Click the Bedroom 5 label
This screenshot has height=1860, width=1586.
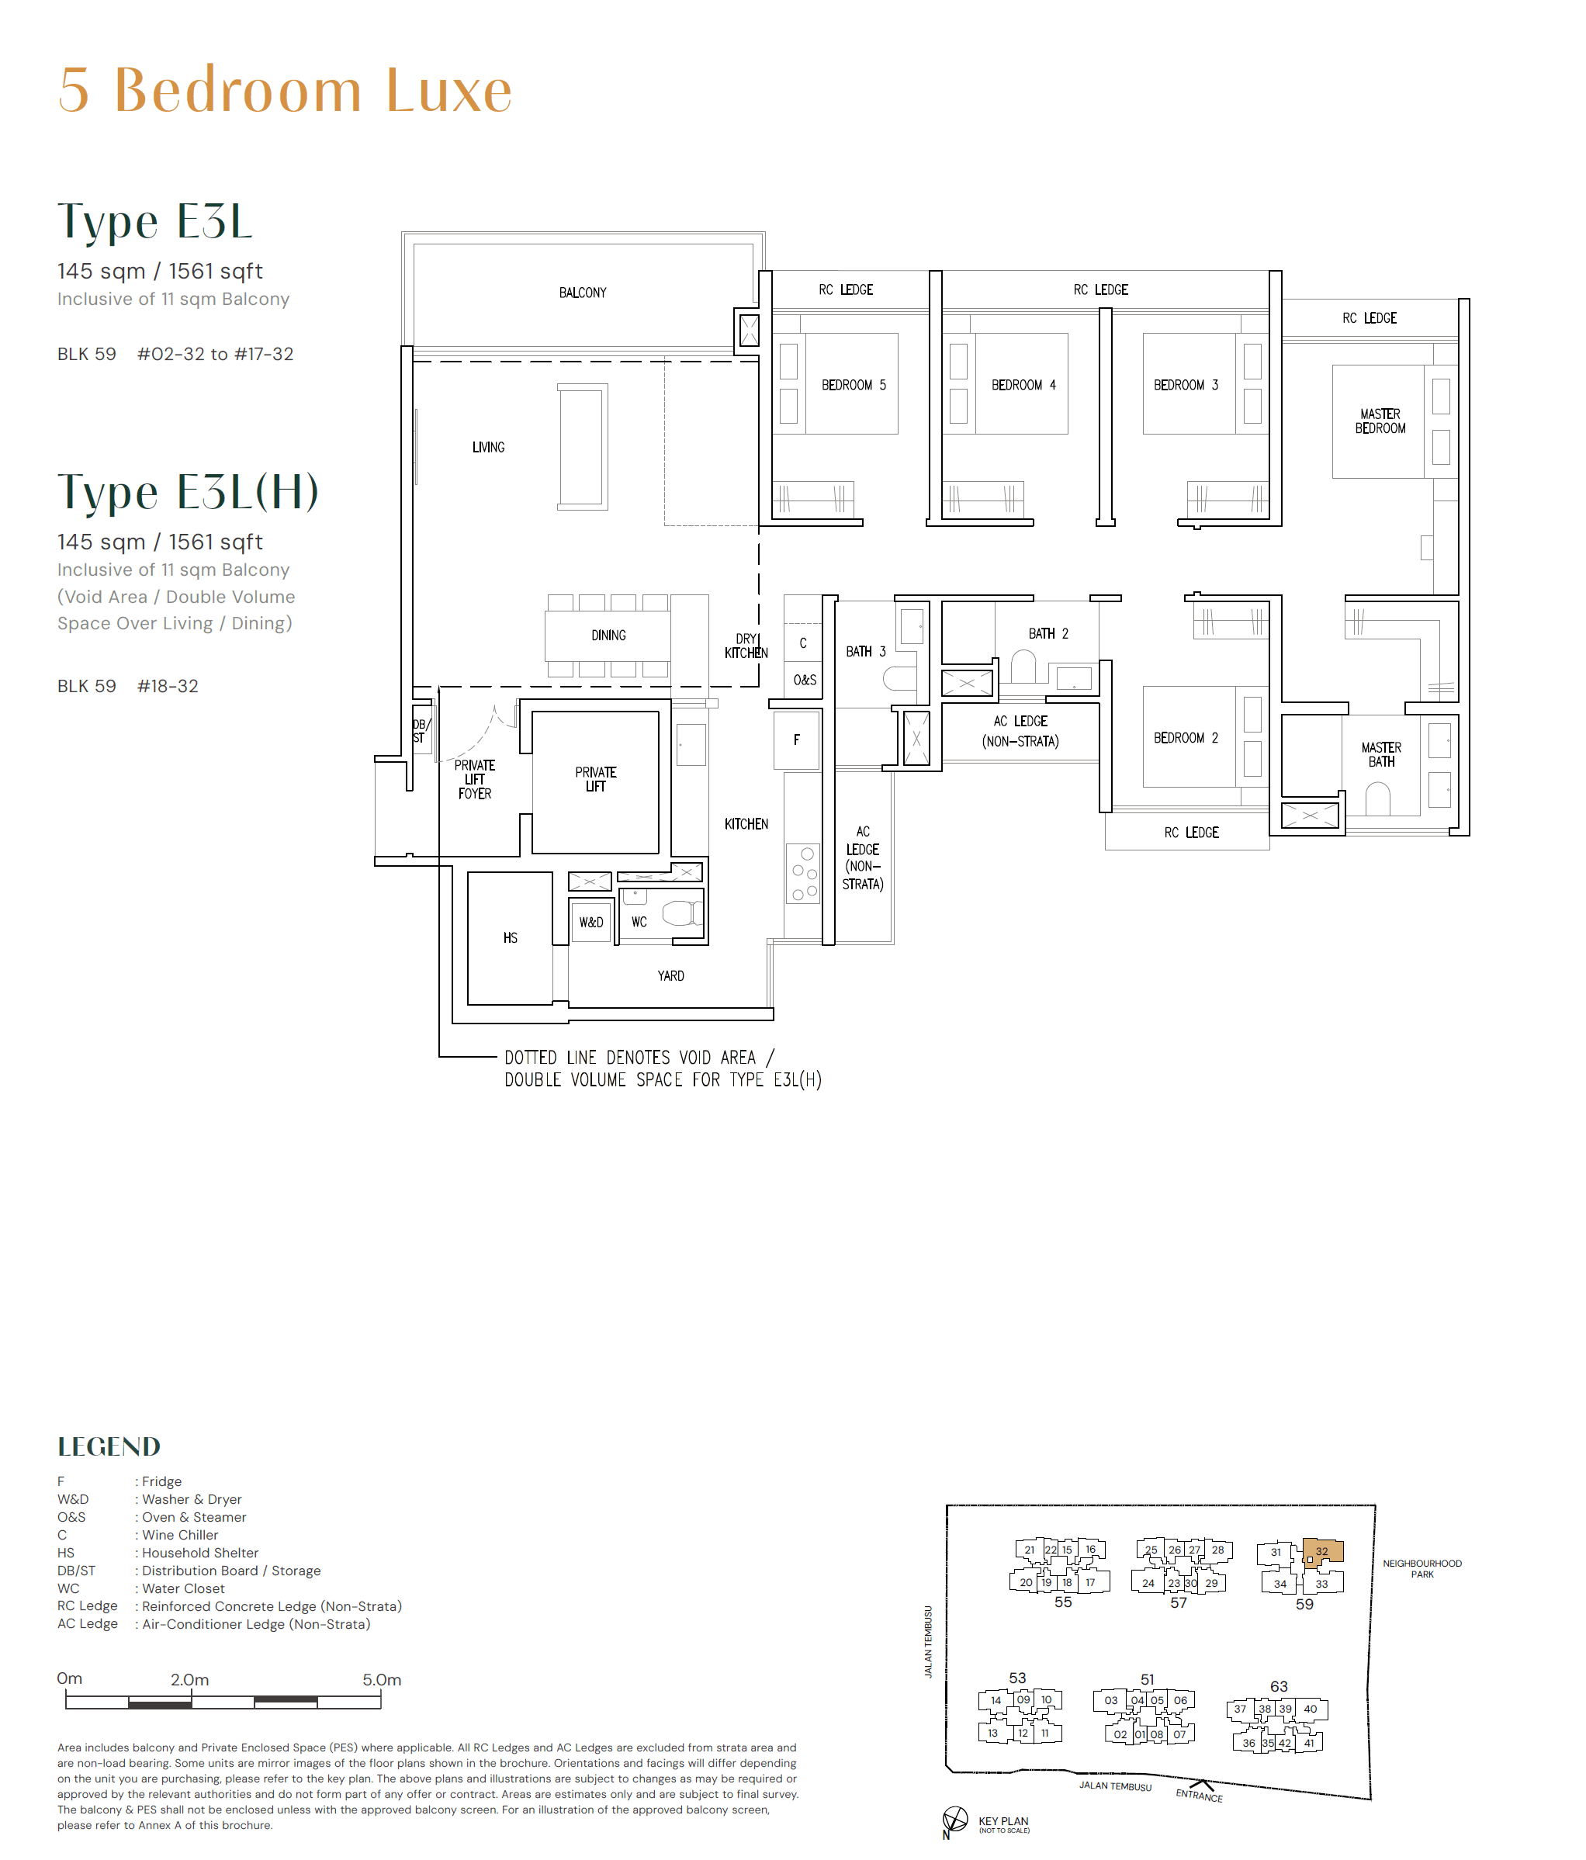pos(853,385)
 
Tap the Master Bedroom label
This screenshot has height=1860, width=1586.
pos(1380,421)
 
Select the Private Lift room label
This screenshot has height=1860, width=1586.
pos(595,779)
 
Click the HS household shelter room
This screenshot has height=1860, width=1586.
pos(510,938)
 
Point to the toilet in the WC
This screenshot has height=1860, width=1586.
pos(680,914)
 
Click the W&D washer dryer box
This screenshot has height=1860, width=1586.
pos(590,922)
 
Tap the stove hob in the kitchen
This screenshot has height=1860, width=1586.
pos(803,872)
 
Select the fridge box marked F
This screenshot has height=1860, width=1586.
pos(796,740)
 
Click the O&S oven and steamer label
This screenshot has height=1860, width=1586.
pos(804,681)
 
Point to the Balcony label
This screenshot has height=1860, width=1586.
pos(583,293)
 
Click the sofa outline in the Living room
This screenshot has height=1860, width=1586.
pos(583,446)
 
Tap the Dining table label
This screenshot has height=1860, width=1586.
pos(608,636)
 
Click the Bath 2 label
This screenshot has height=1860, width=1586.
pos(1048,634)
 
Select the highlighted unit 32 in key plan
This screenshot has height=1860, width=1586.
pos(1322,1551)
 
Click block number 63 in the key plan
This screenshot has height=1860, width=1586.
pos(1278,1687)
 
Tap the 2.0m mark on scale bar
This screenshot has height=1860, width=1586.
pos(189,1679)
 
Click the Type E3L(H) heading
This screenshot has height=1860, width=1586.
pos(188,492)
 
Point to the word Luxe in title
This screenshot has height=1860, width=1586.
pos(448,91)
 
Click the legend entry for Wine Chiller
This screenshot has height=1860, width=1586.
pos(179,1535)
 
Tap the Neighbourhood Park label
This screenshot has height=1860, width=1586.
pos(1422,1568)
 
